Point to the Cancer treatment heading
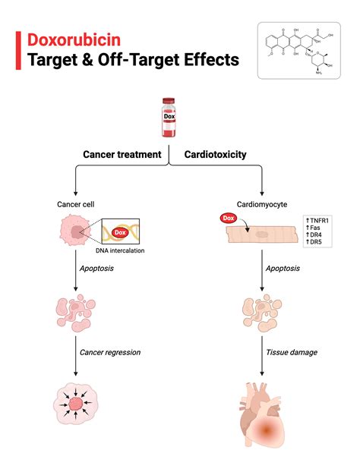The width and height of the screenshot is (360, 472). (x=122, y=155)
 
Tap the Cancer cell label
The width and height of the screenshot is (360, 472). (x=75, y=204)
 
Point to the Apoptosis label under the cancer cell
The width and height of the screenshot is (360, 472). (x=96, y=269)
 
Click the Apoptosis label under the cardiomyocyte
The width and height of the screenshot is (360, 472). (x=283, y=269)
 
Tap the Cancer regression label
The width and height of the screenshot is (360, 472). (x=109, y=352)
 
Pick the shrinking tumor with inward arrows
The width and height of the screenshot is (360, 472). (x=75, y=404)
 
